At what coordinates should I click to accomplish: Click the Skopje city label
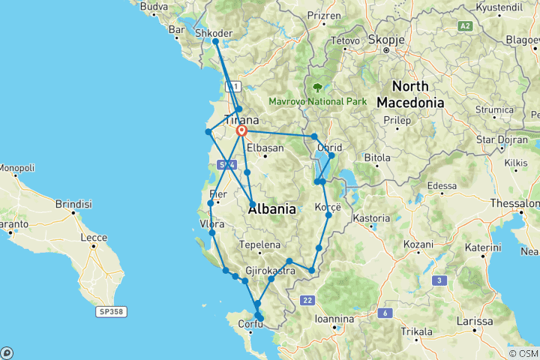click(387, 38)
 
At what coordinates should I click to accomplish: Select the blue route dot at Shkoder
click(215, 42)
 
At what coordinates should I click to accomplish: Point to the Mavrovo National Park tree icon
click(325, 87)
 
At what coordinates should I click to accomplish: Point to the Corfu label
click(250, 325)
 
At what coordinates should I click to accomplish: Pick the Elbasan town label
click(265, 148)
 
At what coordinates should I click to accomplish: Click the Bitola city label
click(376, 157)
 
